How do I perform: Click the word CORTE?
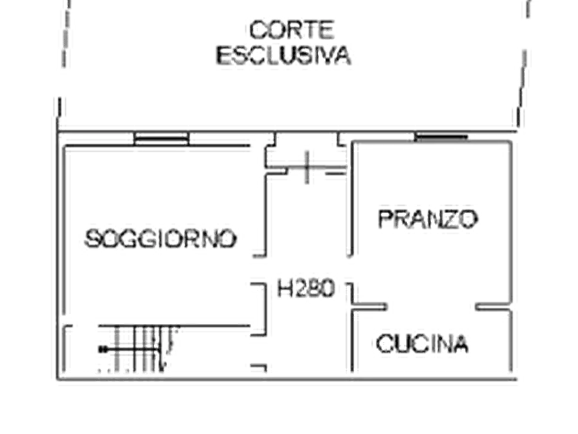pyautogui.click(x=291, y=30)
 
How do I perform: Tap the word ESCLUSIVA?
pyautogui.click(x=283, y=56)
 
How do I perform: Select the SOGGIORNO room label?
pyautogui.click(x=161, y=238)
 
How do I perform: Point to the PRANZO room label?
pyautogui.click(x=428, y=219)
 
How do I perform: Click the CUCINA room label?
pyautogui.click(x=422, y=343)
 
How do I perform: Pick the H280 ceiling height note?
pyautogui.click(x=306, y=288)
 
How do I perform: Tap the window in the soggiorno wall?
pyautogui.click(x=161, y=139)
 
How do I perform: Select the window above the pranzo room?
pyautogui.click(x=441, y=137)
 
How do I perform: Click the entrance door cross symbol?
pyautogui.click(x=307, y=167)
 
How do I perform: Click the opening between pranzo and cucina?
pyautogui.click(x=431, y=306)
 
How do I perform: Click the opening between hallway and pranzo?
pyautogui.click(x=350, y=269)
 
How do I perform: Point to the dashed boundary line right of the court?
pyautogui.click(x=524, y=63)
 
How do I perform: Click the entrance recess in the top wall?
pyautogui.click(x=307, y=150)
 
